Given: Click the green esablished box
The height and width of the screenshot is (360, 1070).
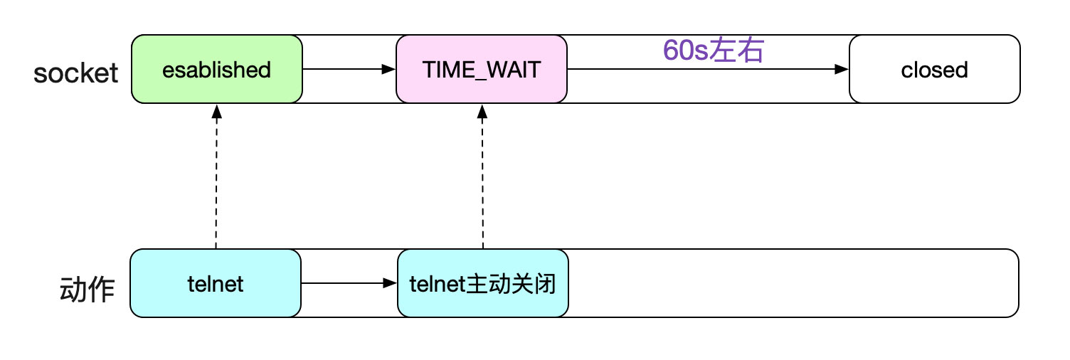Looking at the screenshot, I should (217, 70).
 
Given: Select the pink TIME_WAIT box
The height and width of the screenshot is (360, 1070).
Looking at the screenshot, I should (482, 70).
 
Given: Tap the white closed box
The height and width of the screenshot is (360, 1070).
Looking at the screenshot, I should (934, 70).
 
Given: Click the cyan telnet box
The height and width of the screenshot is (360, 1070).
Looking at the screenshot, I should (216, 284).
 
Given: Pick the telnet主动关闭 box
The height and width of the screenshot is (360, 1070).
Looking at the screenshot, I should (483, 284).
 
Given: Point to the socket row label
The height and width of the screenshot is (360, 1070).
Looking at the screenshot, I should (76, 72).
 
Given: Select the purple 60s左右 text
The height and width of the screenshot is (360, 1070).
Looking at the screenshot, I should (713, 51).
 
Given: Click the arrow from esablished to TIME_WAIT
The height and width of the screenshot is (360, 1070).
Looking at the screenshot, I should (349, 70).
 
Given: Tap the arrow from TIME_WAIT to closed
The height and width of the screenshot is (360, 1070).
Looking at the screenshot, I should (708, 70).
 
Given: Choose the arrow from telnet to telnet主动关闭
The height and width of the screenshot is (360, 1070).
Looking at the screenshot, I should (349, 283).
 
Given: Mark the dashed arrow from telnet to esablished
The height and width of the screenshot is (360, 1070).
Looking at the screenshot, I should (216, 178).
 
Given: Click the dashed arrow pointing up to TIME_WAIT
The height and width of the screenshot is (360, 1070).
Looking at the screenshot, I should (482, 178).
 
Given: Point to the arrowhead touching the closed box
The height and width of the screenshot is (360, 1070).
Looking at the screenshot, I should (842, 70).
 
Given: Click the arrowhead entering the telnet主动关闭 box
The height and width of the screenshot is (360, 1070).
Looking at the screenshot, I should (390, 283).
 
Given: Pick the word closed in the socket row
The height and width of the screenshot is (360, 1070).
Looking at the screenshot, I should (934, 70).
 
